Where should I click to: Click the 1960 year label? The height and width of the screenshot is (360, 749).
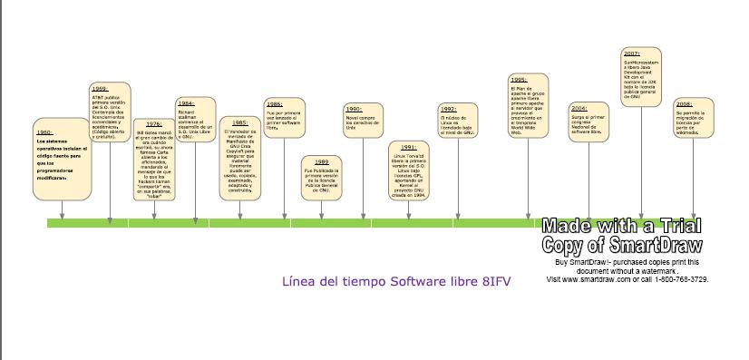(44, 132)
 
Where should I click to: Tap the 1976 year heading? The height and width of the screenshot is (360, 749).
(154, 123)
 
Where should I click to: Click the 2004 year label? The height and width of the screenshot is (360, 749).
(579, 108)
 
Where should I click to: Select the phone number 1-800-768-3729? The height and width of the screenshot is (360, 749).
(678, 279)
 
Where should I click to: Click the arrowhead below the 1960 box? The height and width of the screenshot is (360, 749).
(62, 216)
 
